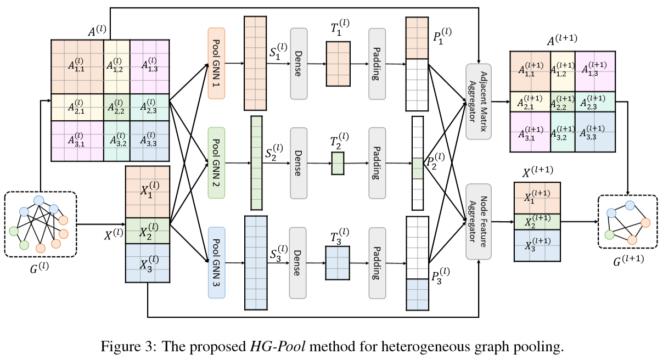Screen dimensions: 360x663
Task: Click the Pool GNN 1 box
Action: click(217, 63)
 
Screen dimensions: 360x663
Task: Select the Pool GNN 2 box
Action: click(217, 163)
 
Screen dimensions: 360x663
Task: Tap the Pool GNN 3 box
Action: click(217, 263)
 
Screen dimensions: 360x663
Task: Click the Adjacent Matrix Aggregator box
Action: click(477, 102)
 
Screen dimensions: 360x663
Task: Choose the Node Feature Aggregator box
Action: click(477, 222)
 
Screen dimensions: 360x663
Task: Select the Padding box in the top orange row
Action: click(377, 63)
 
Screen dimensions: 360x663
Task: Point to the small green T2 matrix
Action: click(337, 164)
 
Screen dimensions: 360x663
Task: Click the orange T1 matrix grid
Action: click(338, 64)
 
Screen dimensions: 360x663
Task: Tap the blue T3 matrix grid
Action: click(338, 263)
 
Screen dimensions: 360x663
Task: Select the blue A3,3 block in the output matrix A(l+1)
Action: click(595, 132)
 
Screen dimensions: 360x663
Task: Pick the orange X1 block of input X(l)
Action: click(148, 191)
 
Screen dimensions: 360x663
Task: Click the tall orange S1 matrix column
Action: click(255, 64)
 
